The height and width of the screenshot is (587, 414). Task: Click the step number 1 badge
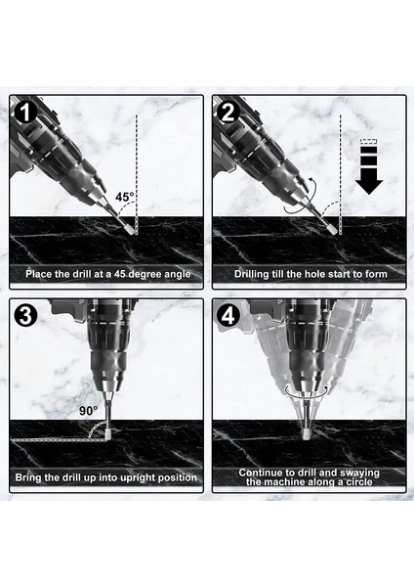pyautogui.click(x=25, y=112)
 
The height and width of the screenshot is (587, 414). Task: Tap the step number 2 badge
pyautogui.click(x=228, y=112)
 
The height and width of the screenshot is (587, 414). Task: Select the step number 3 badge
pyautogui.click(x=25, y=316)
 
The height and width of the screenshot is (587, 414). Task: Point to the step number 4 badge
pyautogui.click(x=228, y=316)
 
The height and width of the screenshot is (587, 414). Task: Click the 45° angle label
pyautogui.click(x=124, y=197)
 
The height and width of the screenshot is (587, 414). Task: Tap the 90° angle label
pyautogui.click(x=89, y=411)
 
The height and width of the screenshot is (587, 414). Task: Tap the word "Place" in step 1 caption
pyautogui.click(x=39, y=274)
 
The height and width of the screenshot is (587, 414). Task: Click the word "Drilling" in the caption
pyautogui.click(x=251, y=274)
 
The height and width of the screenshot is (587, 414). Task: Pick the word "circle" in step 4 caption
pyautogui.click(x=358, y=481)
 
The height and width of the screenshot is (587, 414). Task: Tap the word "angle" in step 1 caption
pyautogui.click(x=177, y=274)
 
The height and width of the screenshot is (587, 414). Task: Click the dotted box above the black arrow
pyautogui.click(x=369, y=142)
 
